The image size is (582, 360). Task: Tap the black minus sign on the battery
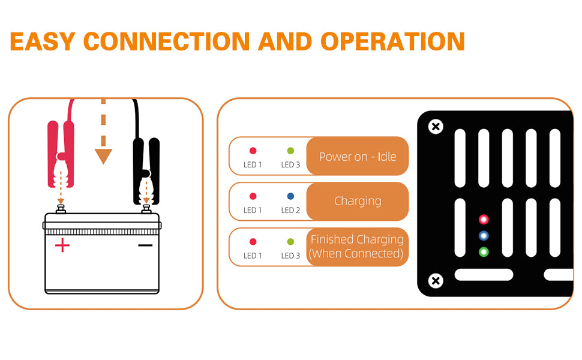click(145, 245)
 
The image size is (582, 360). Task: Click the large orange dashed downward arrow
click(103, 144)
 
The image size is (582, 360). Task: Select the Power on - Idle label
click(358, 157)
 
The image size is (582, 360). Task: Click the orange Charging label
click(358, 201)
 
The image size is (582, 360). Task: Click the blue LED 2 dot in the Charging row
click(290, 196)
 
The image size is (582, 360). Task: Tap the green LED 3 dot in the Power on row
click(290, 151)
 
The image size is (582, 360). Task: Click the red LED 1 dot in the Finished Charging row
click(253, 242)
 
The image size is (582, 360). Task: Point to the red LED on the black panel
click(483, 220)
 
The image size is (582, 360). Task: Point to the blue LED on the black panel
click(483, 236)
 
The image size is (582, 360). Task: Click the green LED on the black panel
click(483, 252)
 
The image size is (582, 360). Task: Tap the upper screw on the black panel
click(436, 127)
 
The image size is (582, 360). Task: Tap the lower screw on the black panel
click(436, 280)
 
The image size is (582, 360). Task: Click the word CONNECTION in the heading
click(166, 41)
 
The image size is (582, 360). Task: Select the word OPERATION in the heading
click(392, 41)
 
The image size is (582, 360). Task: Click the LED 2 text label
click(290, 210)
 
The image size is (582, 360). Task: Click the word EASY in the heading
click(43, 41)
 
